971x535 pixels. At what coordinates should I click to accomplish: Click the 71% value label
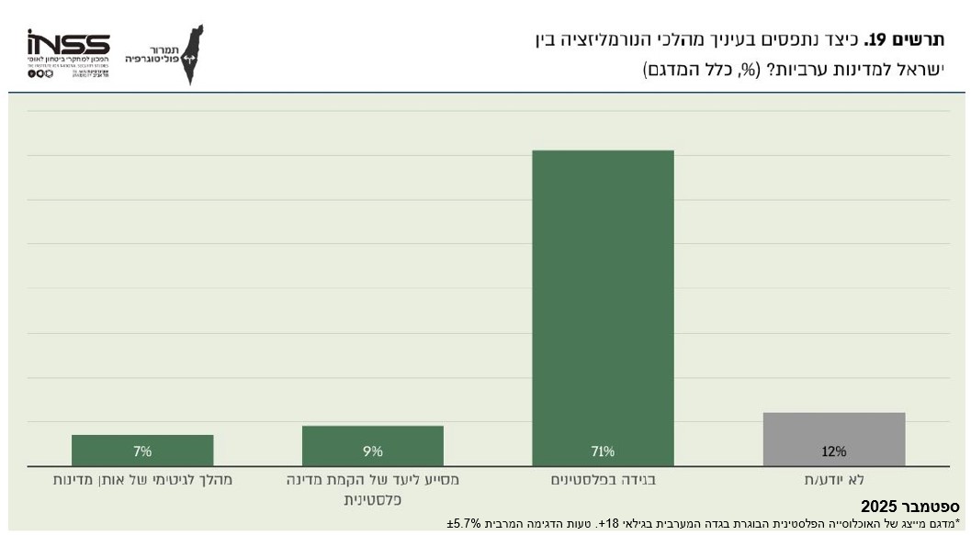(x=603, y=451)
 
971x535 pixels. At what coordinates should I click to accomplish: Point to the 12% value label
(x=833, y=451)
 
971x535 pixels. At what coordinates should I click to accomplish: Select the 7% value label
(x=142, y=451)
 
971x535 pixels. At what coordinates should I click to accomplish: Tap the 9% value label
(x=372, y=451)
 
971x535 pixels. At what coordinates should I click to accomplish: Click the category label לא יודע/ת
(x=833, y=479)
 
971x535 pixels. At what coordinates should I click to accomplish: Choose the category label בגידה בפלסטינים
(x=603, y=479)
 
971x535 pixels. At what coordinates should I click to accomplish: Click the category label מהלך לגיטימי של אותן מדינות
(x=142, y=479)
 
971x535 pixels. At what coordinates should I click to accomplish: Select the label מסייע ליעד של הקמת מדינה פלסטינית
(x=372, y=489)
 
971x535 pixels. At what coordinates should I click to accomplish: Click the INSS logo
(x=68, y=46)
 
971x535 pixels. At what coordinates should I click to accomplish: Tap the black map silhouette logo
(x=192, y=55)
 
